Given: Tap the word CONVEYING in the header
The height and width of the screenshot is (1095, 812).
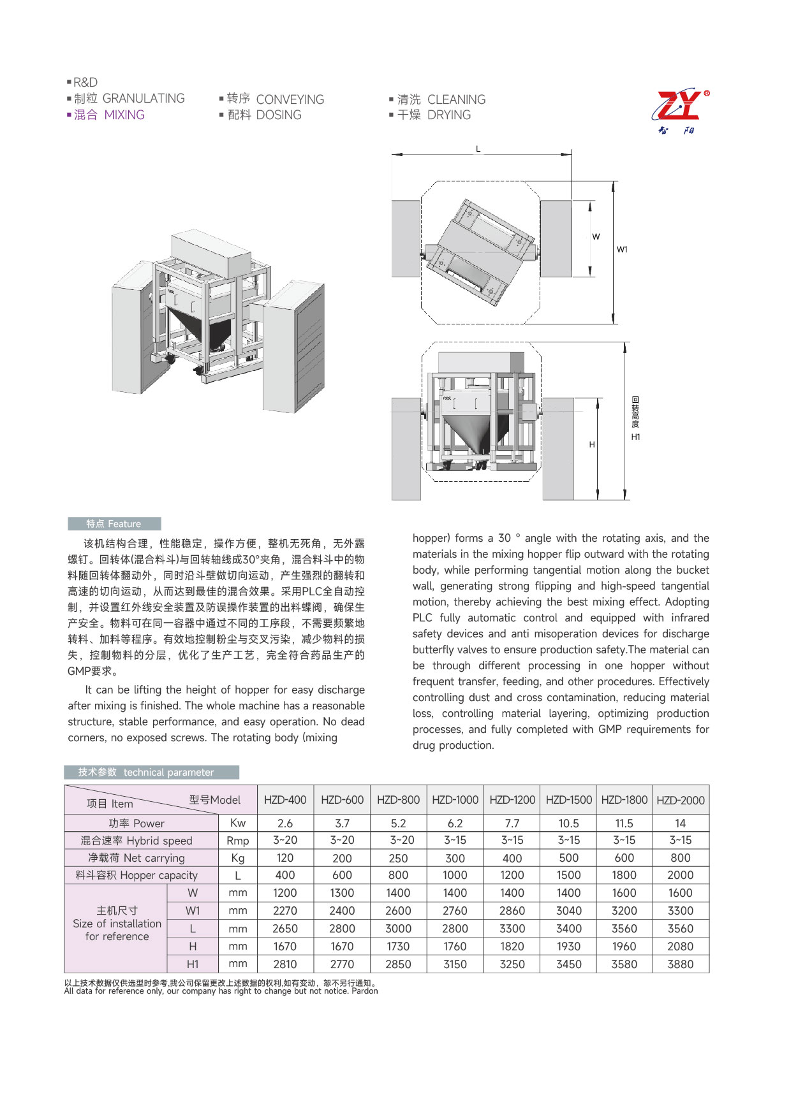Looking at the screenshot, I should (290, 99).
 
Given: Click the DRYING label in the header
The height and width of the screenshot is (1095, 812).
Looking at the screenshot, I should (448, 115).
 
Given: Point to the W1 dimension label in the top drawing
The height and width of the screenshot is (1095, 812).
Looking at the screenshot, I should (622, 250).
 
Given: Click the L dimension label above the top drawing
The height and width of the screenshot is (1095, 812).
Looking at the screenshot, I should (478, 149).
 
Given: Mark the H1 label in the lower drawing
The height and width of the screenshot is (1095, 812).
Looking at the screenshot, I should (635, 437).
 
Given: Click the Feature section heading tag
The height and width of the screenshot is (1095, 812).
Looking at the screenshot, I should (114, 524).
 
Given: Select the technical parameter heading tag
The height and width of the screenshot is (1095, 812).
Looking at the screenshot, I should (151, 772).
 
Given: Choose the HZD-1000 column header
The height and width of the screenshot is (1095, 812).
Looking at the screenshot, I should (455, 801).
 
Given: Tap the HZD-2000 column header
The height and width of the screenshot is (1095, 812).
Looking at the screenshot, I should (680, 801).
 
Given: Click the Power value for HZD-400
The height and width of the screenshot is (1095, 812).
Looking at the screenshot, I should (285, 823).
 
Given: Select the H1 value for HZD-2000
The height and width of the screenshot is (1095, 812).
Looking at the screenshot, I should (680, 964).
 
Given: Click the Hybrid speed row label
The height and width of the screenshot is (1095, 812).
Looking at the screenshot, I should (136, 841).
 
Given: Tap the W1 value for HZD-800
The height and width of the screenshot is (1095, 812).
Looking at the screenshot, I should (398, 911).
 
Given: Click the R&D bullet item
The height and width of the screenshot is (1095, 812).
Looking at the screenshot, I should (85, 82).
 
